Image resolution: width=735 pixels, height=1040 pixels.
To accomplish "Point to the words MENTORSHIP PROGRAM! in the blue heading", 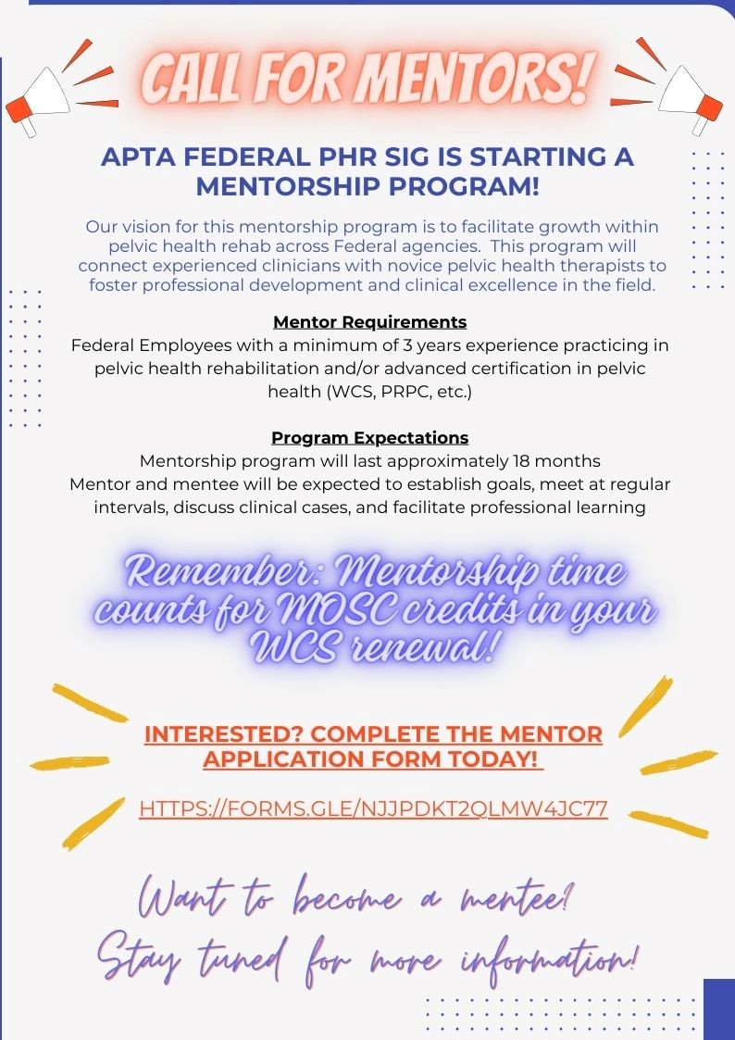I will coord(367,185).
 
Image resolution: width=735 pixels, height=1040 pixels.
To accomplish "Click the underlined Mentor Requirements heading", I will coord(369,322).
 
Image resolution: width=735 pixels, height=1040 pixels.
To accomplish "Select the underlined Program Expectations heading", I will coord(369,437).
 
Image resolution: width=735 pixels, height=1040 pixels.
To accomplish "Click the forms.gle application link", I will coord(373,808).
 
